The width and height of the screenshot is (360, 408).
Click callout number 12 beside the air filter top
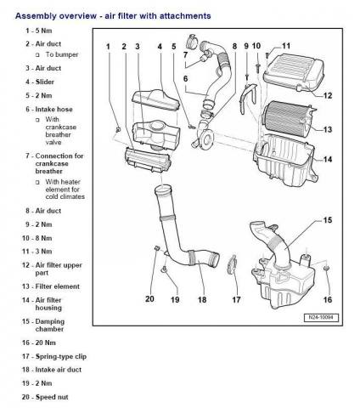click(327, 96)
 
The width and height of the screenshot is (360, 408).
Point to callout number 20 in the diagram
click(149, 299)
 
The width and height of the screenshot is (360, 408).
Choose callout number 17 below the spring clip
click(238, 299)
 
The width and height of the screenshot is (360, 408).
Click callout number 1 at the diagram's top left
click(109, 45)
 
